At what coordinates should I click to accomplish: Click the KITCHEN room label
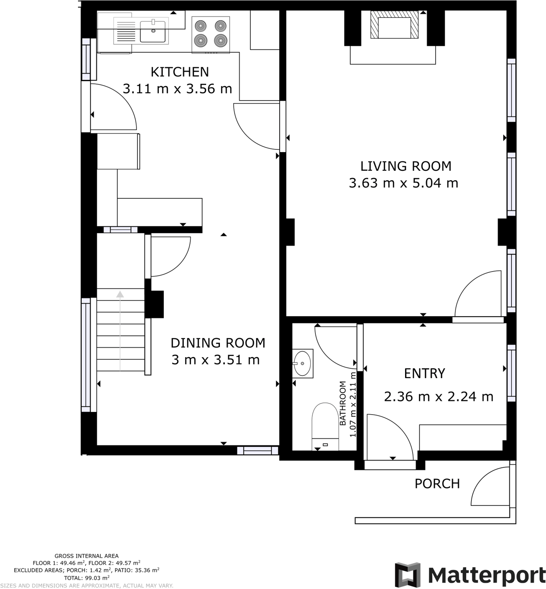[179, 72]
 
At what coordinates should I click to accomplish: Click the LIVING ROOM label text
[405, 166]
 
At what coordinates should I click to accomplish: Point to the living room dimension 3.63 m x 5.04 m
[403, 183]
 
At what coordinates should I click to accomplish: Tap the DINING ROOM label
[218, 342]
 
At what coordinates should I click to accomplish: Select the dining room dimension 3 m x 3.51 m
[215, 359]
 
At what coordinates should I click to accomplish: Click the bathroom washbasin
[303, 363]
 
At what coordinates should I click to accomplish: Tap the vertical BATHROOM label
[343, 403]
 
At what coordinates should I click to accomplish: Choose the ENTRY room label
[424, 373]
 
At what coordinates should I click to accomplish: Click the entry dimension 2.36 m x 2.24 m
[438, 396]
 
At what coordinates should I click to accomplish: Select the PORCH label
[437, 483]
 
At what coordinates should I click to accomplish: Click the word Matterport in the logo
[486, 575]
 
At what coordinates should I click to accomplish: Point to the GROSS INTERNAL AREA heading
[87, 556]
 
